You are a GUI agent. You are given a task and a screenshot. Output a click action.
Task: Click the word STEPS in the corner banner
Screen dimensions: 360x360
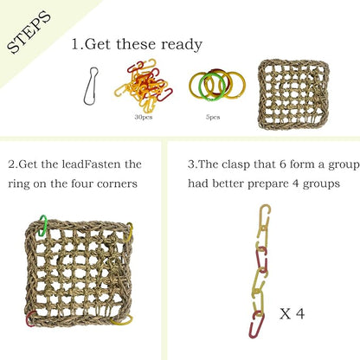tap(28, 33)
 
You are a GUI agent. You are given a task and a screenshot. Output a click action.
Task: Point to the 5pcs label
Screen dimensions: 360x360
tap(213, 116)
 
